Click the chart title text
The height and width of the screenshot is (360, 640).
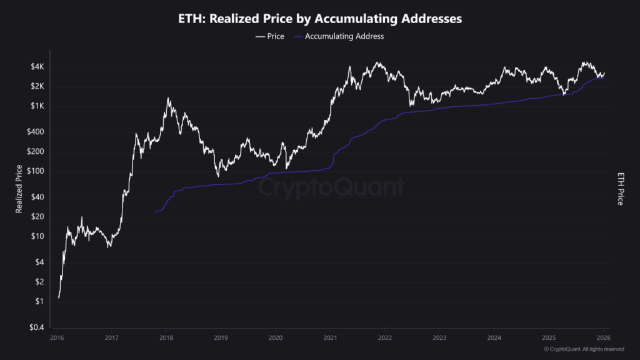click(320, 19)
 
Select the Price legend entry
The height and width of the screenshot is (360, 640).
click(269, 36)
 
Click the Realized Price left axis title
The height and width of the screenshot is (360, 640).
click(19, 189)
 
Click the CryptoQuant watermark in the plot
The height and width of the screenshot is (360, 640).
click(331, 187)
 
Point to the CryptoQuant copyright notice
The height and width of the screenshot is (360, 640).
click(584, 349)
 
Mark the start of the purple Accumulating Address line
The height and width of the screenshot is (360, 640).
click(156, 213)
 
